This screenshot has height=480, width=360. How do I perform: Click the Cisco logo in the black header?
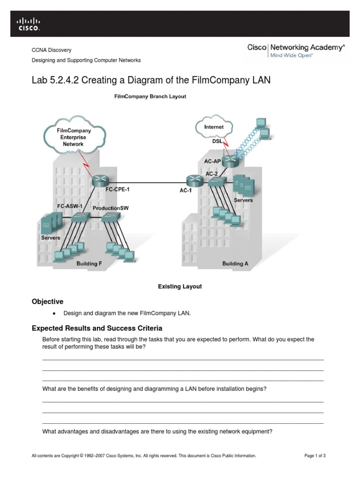pyautogui.click(x=29, y=24)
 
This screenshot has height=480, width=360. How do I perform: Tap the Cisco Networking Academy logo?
pyautogui.click(x=296, y=51)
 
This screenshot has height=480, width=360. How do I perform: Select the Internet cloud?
pyautogui.click(x=214, y=127)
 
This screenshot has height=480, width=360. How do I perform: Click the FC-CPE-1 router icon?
pyautogui.click(x=100, y=180)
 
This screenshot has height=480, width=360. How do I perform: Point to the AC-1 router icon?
pyautogui.click(x=193, y=180)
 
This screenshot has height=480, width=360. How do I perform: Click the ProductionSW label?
pyautogui.click(x=111, y=208)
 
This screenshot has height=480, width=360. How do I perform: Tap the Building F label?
pyautogui.click(x=89, y=264)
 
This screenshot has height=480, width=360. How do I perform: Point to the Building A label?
pyautogui.click(x=235, y=264)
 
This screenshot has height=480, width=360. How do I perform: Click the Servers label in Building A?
pyautogui.click(x=243, y=200)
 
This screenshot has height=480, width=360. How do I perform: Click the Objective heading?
pyautogui.click(x=47, y=301)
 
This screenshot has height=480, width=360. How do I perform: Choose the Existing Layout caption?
pyautogui.click(x=180, y=286)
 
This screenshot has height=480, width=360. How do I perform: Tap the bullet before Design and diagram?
pyautogui.click(x=54, y=314)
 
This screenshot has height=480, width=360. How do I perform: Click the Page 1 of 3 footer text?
pyautogui.click(x=315, y=456)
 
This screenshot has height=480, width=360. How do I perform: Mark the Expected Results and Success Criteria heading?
pyautogui.click(x=97, y=328)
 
